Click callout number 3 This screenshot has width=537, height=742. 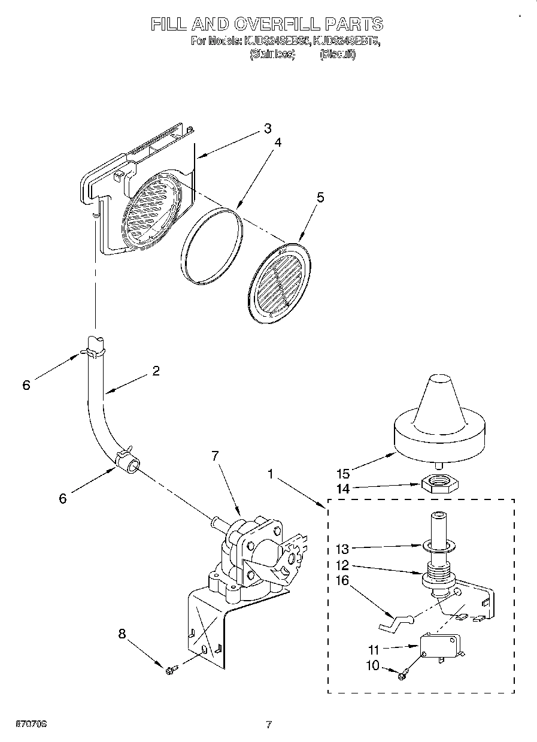coord(267,128)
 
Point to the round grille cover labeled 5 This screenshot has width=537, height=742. coord(279,279)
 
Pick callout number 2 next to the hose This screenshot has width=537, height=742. coord(156,371)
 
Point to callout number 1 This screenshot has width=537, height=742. coord(272,474)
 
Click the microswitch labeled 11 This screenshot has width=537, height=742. coord(440,646)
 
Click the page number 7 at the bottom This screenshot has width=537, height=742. coord(269,725)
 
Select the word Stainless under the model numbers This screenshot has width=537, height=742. coord(272,54)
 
